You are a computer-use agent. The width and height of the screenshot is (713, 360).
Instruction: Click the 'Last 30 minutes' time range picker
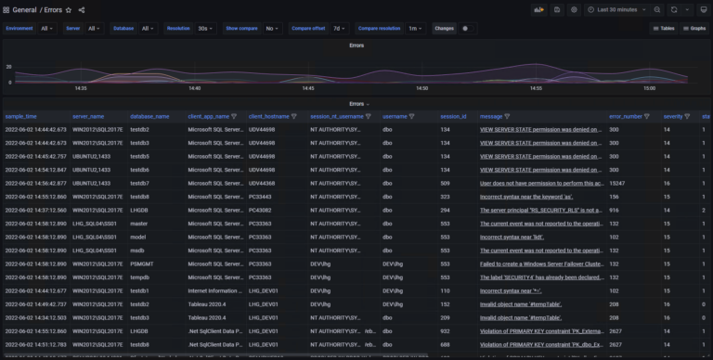(x=616, y=9)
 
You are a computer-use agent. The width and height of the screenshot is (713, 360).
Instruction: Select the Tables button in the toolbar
(x=662, y=29)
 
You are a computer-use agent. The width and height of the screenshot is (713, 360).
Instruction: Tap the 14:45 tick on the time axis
(x=308, y=89)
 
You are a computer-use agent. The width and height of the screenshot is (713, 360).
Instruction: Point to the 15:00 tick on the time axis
(x=650, y=89)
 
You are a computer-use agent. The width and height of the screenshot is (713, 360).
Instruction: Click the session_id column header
(x=452, y=116)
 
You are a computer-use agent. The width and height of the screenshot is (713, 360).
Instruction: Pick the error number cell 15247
(x=617, y=184)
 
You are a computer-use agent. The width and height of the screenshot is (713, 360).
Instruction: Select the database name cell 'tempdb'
(x=139, y=277)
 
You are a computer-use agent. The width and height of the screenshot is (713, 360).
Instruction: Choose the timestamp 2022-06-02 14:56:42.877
(x=35, y=184)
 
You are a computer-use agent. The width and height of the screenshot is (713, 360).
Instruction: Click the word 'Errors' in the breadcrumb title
(x=52, y=9)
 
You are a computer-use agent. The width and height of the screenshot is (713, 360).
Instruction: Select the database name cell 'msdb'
(x=138, y=251)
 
